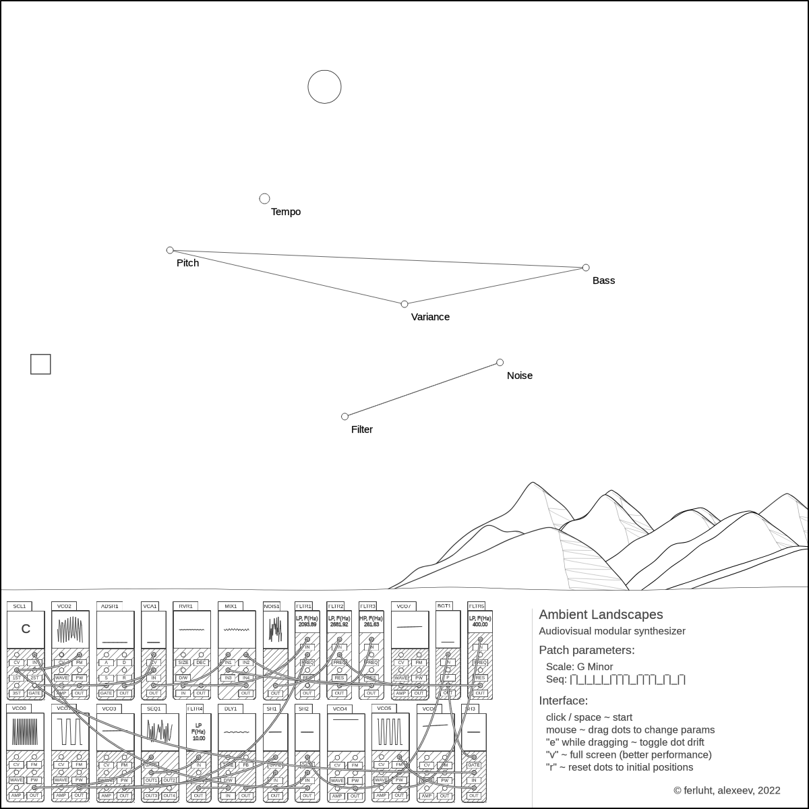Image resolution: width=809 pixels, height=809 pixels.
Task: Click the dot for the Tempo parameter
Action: click(264, 198)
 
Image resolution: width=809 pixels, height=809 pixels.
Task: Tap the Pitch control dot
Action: click(170, 250)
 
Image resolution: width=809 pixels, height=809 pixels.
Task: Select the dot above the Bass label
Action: click(586, 268)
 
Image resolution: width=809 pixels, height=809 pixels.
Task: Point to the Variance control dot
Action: click(404, 304)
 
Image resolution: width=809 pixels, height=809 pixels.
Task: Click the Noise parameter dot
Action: click(500, 363)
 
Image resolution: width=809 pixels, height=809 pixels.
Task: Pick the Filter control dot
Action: click(345, 417)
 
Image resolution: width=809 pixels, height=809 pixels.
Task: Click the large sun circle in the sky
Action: click(325, 87)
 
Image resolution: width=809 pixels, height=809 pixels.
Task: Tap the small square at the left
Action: click(41, 364)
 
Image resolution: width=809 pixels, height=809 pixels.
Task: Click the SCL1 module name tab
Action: click(19, 606)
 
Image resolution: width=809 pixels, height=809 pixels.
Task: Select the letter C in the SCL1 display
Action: click(26, 629)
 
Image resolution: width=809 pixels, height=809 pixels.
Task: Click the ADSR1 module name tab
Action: click(109, 606)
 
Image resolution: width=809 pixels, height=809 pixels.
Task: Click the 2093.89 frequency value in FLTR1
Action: click(307, 625)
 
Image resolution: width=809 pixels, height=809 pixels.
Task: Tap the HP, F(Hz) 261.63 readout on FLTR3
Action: click(371, 622)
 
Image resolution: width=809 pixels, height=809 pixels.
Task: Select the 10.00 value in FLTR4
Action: click(199, 738)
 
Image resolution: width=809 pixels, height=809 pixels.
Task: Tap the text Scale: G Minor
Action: click(579, 667)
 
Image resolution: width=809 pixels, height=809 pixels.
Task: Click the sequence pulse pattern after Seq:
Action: click(628, 680)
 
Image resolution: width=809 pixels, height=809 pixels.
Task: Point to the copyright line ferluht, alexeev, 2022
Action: click(727, 790)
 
